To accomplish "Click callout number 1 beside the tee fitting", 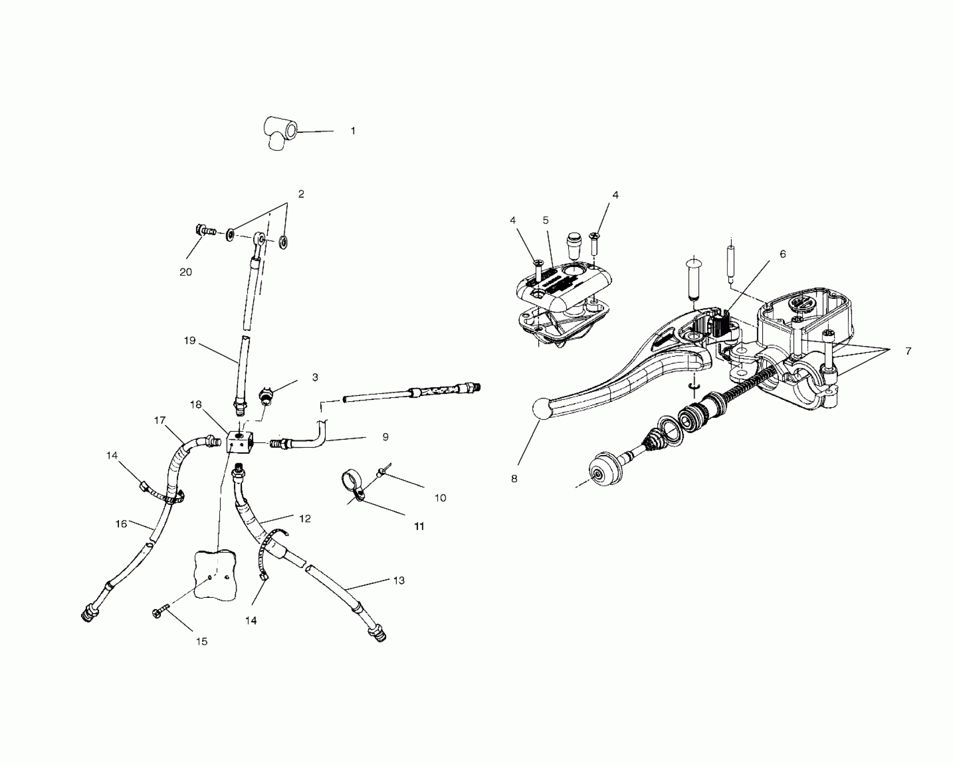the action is click(x=353, y=131).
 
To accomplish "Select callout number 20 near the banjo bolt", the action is click(x=186, y=272).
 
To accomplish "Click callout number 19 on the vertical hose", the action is click(x=190, y=341).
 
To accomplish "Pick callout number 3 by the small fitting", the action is click(x=315, y=377).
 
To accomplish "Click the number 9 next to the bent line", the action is click(x=385, y=437).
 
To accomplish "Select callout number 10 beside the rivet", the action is click(x=440, y=498).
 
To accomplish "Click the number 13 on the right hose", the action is click(x=399, y=580).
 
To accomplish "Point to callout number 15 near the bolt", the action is click(x=202, y=641).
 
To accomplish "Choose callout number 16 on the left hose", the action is click(x=121, y=523).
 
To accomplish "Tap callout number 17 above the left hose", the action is click(x=160, y=420).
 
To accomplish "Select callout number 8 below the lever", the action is click(x=514, y=478).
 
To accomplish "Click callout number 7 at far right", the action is click(x=908, y=351).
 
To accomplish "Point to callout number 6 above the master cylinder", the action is click(x=783, y=254).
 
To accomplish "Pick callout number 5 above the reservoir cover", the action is click(x=545, y=220).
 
